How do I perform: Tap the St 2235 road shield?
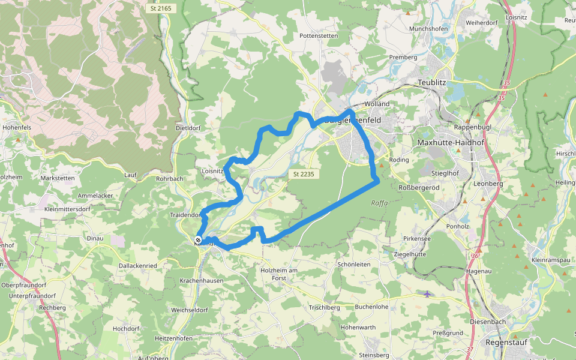304,174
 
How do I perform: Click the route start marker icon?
198,240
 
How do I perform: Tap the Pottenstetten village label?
319,36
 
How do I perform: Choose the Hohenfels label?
16,128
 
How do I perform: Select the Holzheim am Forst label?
279,274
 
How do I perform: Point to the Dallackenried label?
138,265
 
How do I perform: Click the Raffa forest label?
380,203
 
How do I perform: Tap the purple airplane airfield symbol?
427,294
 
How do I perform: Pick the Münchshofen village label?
429,29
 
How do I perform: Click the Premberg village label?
403,58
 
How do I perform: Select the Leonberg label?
487,184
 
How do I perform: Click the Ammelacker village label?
95,196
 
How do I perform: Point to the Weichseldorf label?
189,310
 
